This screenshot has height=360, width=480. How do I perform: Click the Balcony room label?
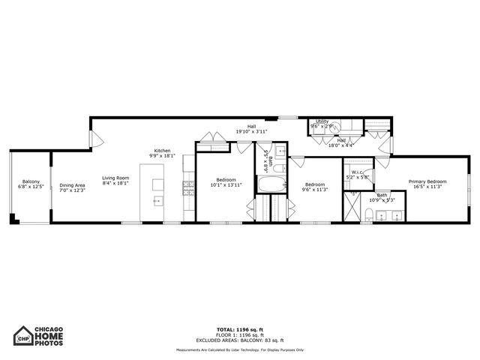point(31,181)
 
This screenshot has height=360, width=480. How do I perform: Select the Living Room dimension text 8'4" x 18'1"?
point(115,183)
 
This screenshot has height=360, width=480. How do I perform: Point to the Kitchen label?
point(163,151)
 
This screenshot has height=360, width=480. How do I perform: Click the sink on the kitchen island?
point(157,201)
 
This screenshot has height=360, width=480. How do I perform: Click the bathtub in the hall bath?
point(271,184)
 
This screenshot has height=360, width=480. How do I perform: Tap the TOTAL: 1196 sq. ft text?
point(241,329)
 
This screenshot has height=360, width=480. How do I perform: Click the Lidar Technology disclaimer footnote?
point(241,350)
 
